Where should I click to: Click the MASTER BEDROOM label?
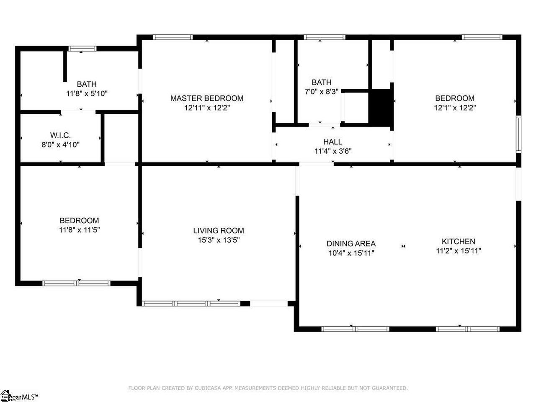(x=206, y=98)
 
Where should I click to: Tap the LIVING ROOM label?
(x=219, y=230)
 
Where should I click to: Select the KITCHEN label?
(x=459, y=241)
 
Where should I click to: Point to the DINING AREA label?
(x=351, y=243)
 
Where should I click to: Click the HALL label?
(x=332, y=142)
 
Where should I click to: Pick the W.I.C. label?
(x=60, y=135)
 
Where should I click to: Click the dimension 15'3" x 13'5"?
(x=219, y=240)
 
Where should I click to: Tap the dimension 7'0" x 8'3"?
(x=321, y=92)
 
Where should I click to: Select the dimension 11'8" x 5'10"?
(x=87, y=93)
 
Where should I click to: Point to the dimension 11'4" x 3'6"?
(x=333, y=151)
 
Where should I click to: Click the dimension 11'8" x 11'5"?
(x=80, y=229)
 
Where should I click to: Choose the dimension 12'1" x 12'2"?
(x=455, y=108)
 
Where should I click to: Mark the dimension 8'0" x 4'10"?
(x=61, y=145)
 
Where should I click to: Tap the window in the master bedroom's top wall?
(x=173, y=37)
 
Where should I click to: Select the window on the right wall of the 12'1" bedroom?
(x=518, y=134)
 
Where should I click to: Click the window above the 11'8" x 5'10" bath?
(x=82, y=49)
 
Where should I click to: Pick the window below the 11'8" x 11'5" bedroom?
(x=77, y=283)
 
